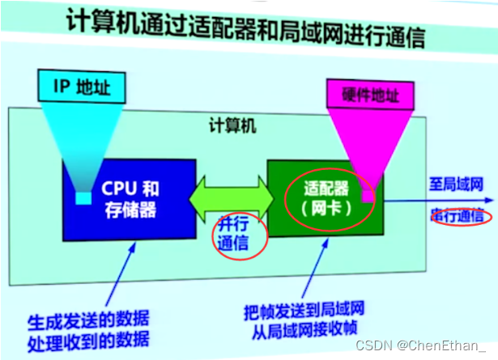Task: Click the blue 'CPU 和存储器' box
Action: [x=130, y=199]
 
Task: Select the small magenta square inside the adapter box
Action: [x=368, y=196]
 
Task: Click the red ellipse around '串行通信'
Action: [x=458, y=216]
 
